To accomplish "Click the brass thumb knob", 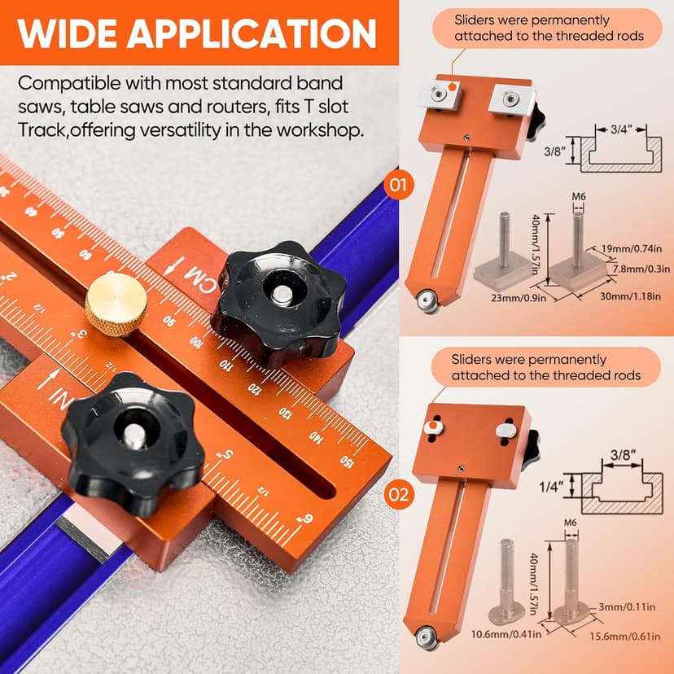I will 116,303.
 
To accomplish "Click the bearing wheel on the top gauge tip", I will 427,301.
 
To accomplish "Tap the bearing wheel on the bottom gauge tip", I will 426,636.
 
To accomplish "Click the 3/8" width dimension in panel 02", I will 621,456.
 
